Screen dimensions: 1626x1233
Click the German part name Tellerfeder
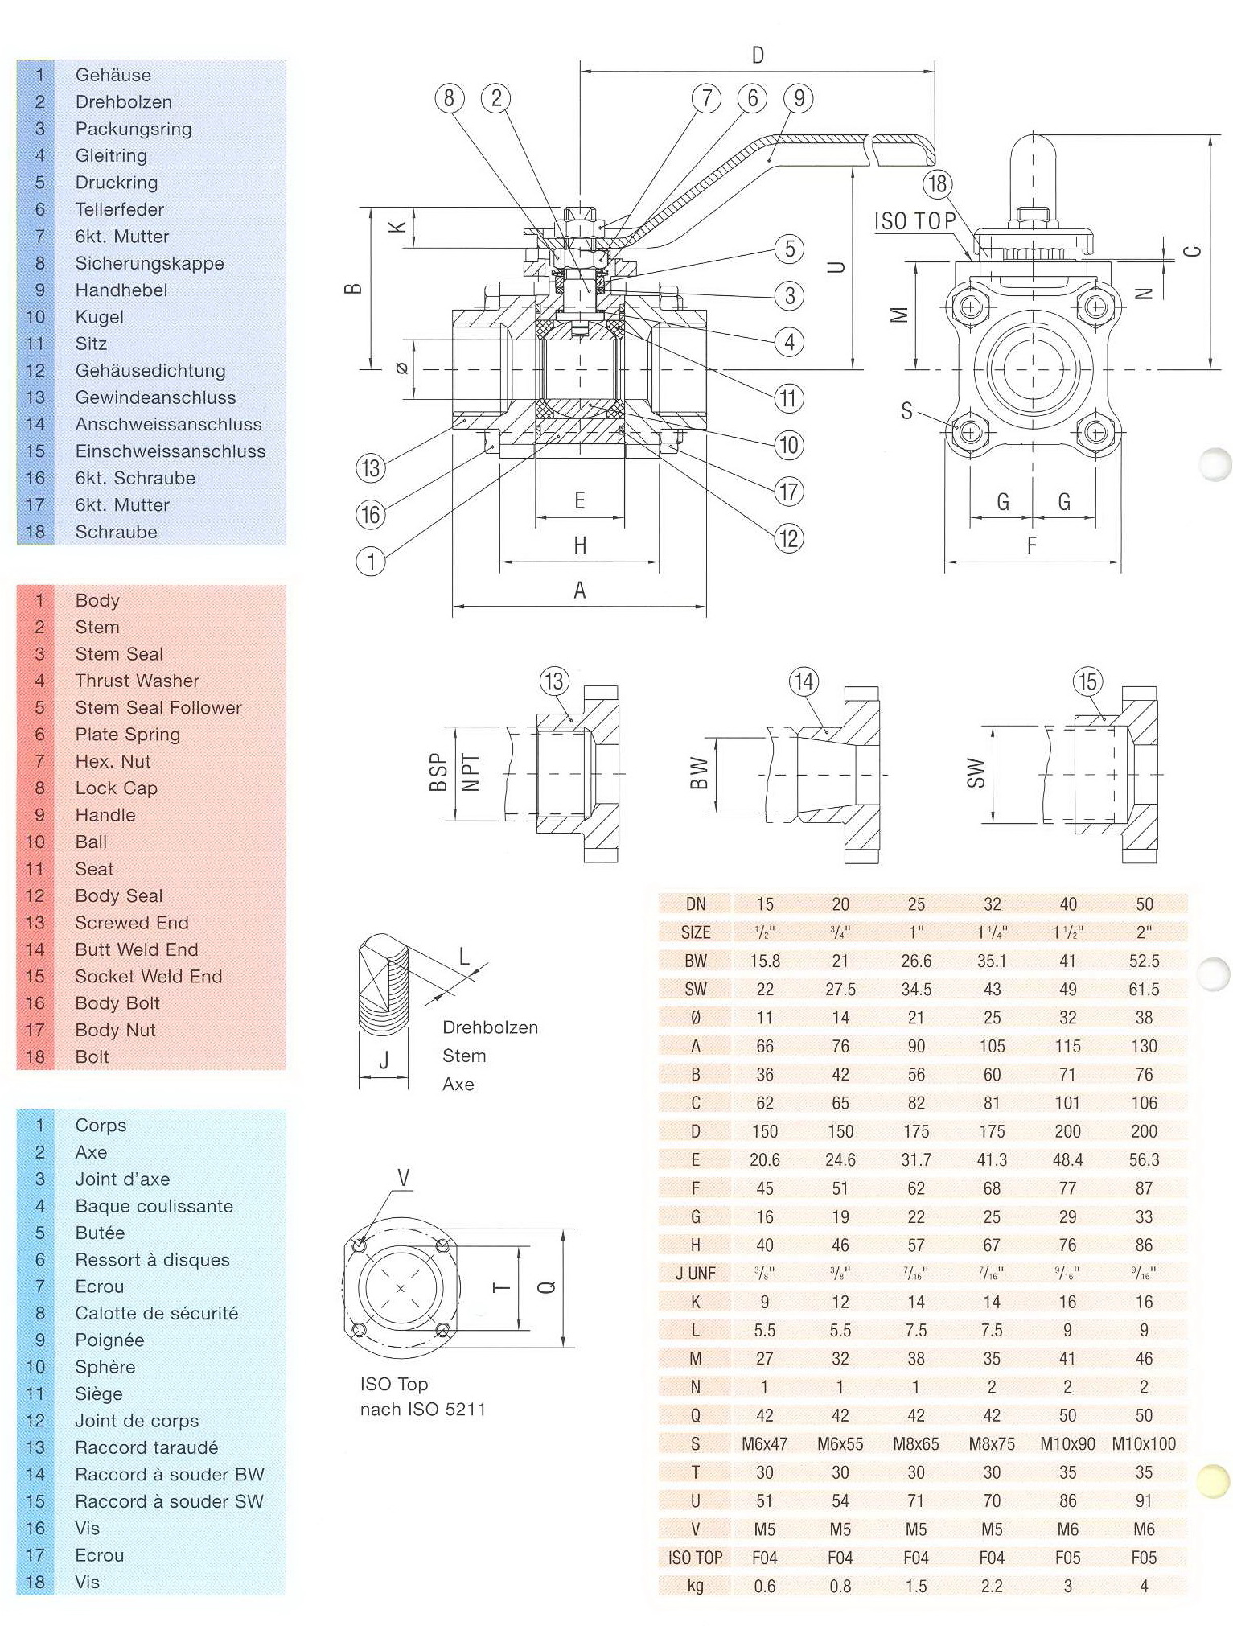[x=119, y=209]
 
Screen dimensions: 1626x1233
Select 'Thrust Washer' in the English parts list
[x=137, y=681]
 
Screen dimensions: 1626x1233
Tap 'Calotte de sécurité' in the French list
[x=156, y=1313]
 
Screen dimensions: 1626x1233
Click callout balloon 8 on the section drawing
[x=449, y=98]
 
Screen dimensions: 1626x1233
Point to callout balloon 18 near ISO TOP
[x=937, y=183]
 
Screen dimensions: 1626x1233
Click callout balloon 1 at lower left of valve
[x=371, y=561]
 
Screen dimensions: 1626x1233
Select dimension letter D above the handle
[x=758, y=55]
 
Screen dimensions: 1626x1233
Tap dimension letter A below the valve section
[x=579, y=591]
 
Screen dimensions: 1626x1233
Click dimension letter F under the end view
[x=1032, y=545]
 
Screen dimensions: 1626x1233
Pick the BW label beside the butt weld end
[x=699, y=773]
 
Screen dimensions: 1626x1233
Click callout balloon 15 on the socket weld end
[x=1087, y=681]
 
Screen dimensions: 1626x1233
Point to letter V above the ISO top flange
[x=403, y=1179]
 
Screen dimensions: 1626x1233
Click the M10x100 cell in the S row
[x=1144, y=1443]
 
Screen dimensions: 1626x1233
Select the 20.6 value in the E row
[x=764, y=1159]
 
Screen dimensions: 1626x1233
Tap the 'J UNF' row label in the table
[x=696, y=1273]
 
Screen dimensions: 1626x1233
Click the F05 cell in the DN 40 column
[x=1067, y=1558]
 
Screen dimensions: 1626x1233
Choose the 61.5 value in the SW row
[x=1144, y=989]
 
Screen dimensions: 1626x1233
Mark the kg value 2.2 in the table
[x=992, y=1586]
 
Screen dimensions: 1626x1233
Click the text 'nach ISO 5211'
[x=423, y=1409]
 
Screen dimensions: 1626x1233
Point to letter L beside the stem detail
[x=464, y=956]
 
